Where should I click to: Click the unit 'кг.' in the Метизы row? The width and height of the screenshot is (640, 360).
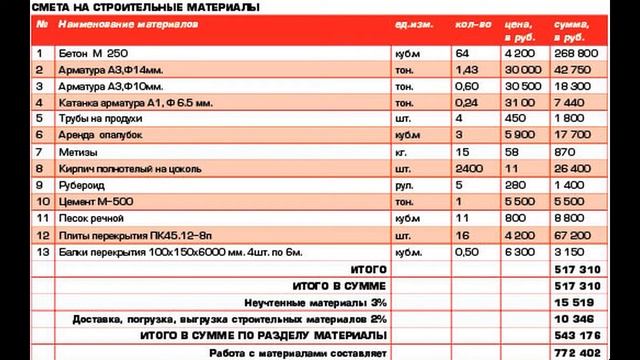[402, 151]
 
